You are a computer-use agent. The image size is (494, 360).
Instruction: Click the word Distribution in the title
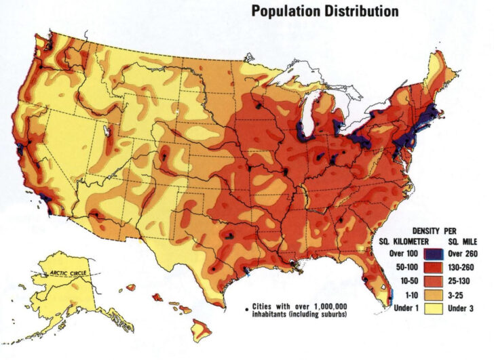click(x=362, y=11)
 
